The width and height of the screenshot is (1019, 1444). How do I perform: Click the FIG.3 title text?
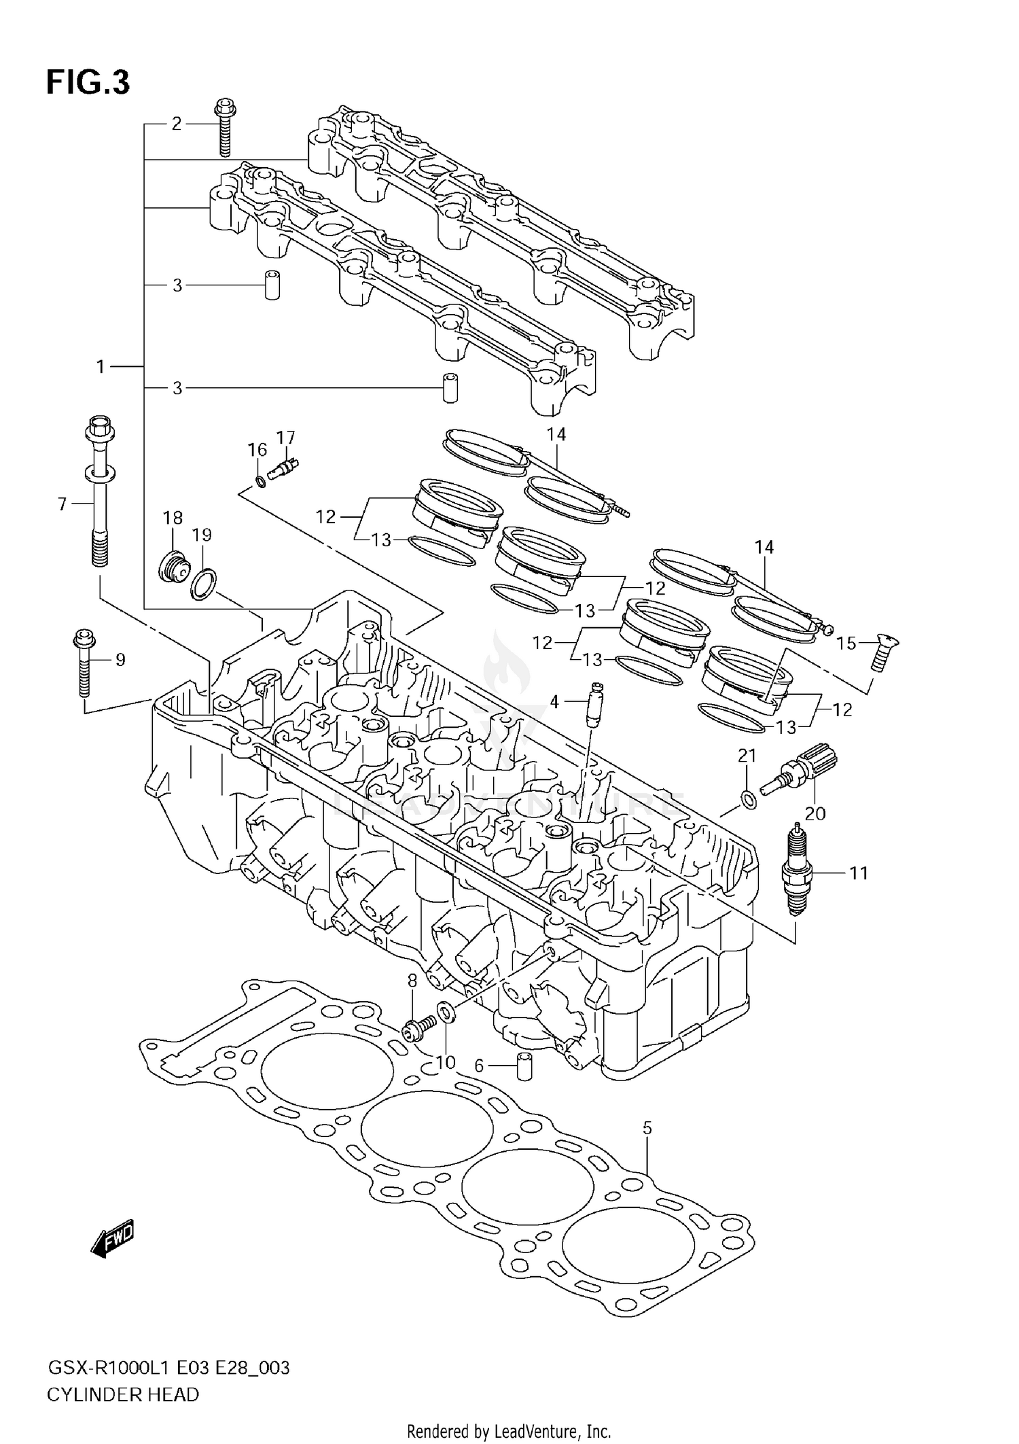click(x=88, y=82)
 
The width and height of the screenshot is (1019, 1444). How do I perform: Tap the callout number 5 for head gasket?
click(x=647, y=1128)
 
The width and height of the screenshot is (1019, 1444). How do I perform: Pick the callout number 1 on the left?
click(x=101, y=367)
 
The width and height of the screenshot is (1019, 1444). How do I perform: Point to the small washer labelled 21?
click(x=748, y=800)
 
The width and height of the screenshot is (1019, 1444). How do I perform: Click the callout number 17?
click(x=286, y=437)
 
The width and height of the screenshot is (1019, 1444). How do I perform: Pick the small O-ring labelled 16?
click(x=260, y=482)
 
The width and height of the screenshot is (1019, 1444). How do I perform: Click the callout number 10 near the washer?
click(x=446, y=1061)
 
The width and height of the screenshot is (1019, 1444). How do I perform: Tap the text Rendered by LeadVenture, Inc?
click(x=509, y=1432)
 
